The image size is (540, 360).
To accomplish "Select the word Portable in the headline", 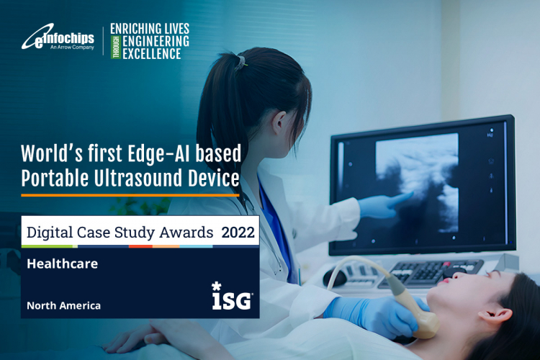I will [53, 176].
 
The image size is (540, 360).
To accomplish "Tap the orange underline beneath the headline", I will [130, 194].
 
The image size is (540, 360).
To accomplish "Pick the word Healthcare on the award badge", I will [62, 264].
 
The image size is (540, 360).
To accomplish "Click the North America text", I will [63, 305].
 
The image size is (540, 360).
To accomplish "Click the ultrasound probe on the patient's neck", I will [425, 313].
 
